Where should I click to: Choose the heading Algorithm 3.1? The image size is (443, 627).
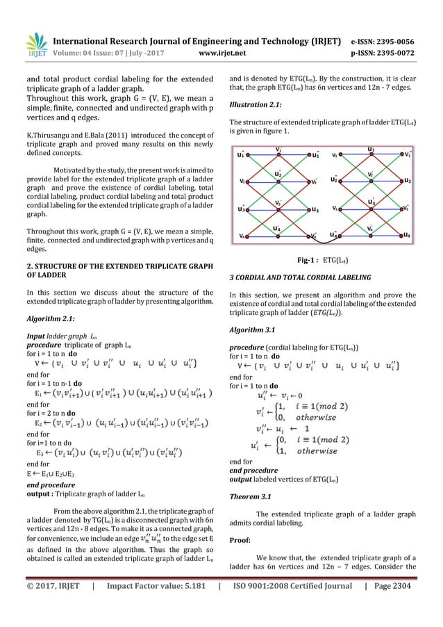pyautogui.click(x=251, y=329)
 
